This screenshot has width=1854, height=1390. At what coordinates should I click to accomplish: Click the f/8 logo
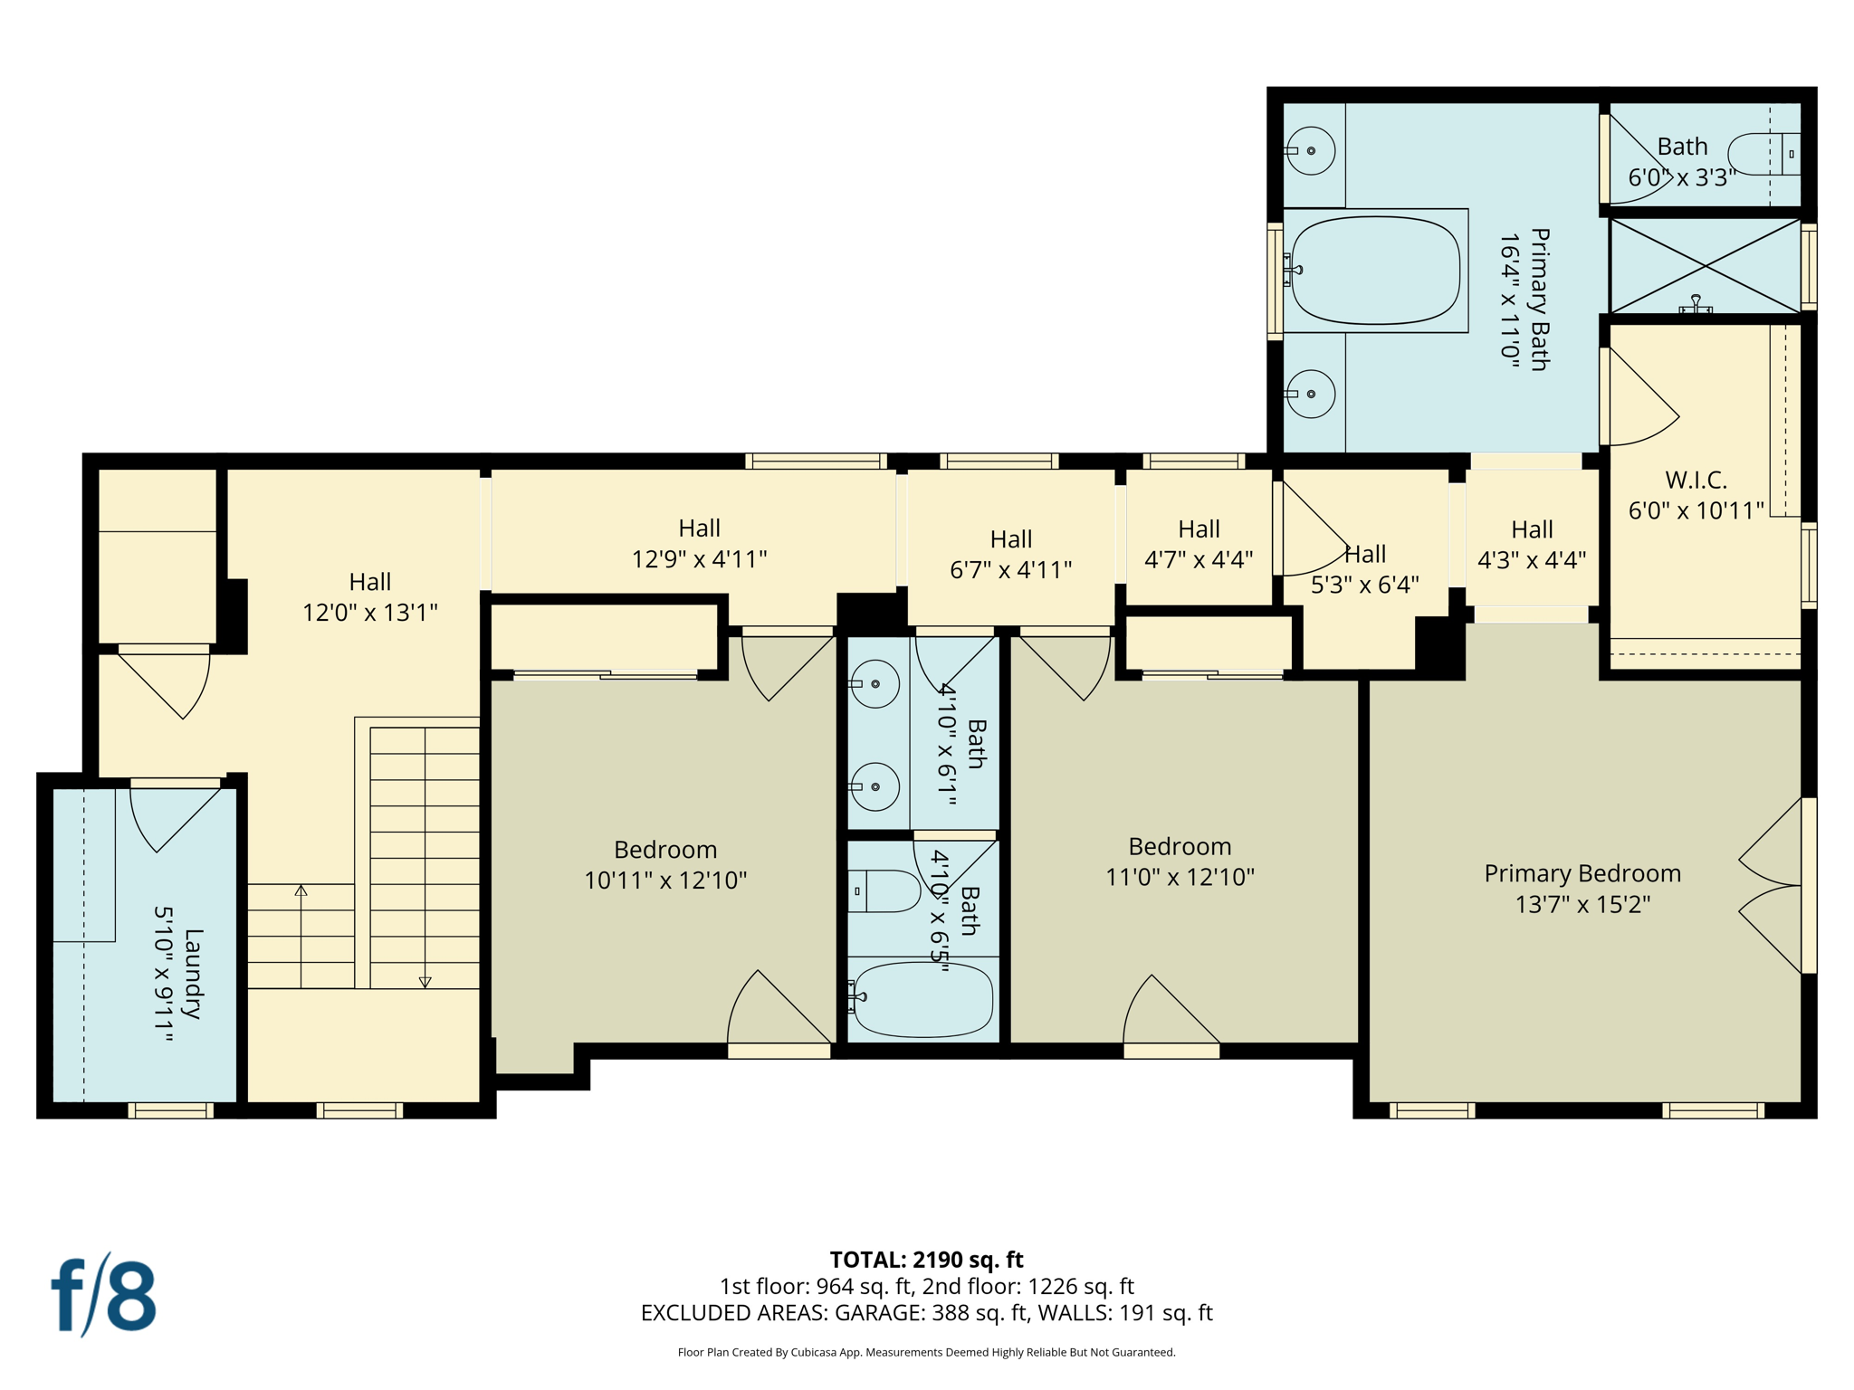(103, 1296)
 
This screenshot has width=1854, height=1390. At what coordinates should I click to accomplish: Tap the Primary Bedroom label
(1582, 873)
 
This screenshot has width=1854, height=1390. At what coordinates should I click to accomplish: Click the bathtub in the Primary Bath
(1375, 271)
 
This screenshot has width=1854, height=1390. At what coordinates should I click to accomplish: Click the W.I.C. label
(1696, 480)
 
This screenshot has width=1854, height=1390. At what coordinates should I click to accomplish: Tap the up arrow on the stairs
(301, 891)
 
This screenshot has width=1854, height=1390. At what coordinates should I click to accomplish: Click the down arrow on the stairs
(425, 981)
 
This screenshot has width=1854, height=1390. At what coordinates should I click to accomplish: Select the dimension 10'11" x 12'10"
(665, 881)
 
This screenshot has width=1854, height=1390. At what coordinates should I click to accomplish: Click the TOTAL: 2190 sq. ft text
(926, 1259)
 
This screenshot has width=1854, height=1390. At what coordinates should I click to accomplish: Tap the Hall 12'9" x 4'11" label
(699, 543)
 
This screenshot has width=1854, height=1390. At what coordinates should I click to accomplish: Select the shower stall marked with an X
(1705, 266)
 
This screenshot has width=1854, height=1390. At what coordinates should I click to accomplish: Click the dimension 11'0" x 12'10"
(1180, 877)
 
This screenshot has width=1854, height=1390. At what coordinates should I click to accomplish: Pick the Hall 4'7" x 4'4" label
(1199, 544)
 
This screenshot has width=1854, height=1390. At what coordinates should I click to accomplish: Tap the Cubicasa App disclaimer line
(926, 1352)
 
